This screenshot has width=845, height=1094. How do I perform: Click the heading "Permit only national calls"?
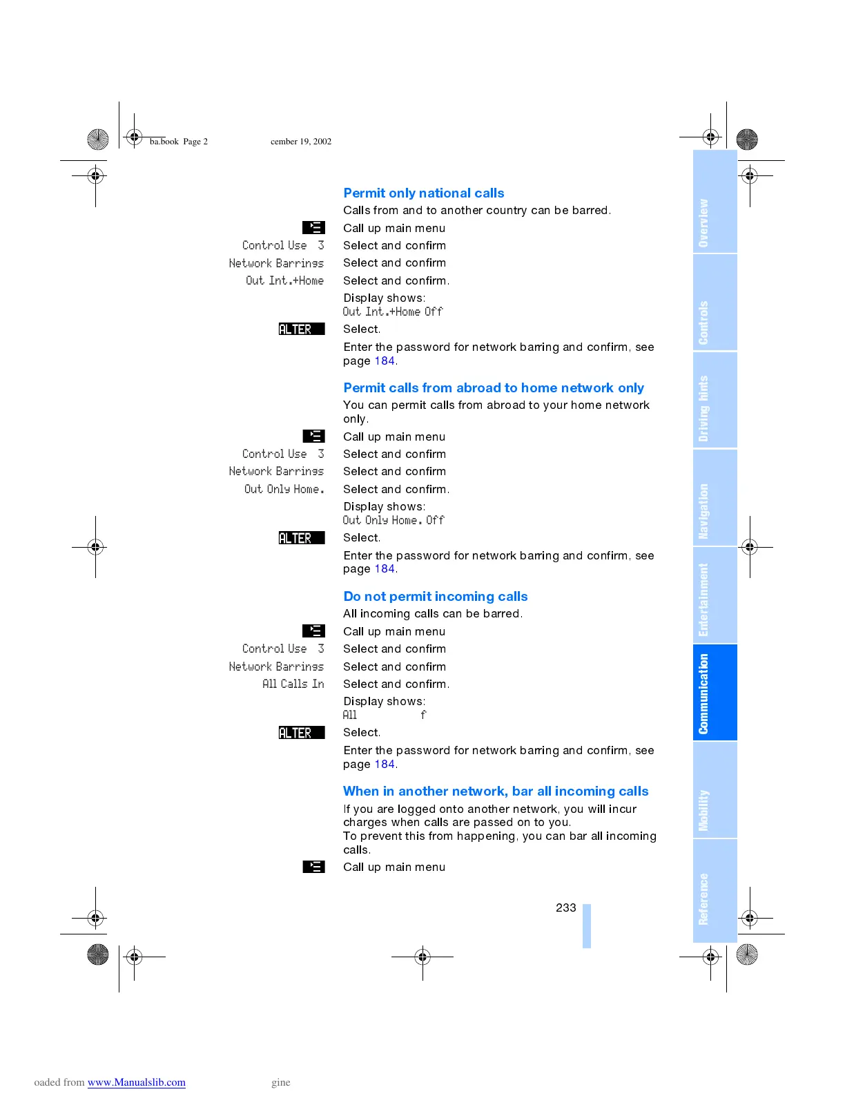tap(423, 193)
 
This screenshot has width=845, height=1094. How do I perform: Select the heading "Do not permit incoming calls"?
tap(435, 597)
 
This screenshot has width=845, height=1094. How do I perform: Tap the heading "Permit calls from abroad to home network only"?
tap(493, 388)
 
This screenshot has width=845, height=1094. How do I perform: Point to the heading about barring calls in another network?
tap(495, 791)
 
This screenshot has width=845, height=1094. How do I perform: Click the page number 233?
tap(565, 908)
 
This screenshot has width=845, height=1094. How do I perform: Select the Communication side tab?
tap(715, 693)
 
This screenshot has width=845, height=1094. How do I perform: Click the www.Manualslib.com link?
tap(136, 1082)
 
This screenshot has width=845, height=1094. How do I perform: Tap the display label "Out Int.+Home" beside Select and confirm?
tap(284, 280)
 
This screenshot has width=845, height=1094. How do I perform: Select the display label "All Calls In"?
tap(293, 684)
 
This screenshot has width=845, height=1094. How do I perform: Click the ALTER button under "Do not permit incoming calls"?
tap(301, 733)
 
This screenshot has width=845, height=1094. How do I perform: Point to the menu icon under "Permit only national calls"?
tap(313, 227)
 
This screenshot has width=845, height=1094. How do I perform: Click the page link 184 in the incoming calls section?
tap(384, 764)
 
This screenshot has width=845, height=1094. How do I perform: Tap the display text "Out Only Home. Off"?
tap(393, 520)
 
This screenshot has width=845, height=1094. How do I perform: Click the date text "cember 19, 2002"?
tap(300, 142)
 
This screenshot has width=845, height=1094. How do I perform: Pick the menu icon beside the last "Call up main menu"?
tap(313, 867)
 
